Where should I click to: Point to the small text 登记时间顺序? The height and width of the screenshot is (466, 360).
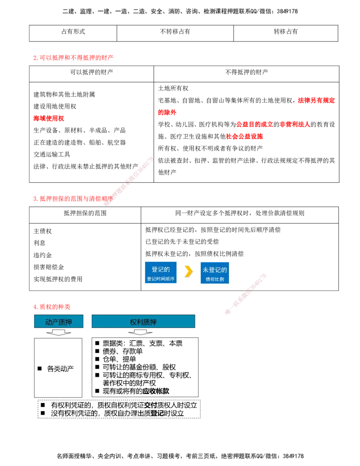[x=161, y=279]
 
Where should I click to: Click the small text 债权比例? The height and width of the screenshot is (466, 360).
[x=215, y=279]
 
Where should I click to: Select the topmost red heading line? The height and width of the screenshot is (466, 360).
[x=73, y=58]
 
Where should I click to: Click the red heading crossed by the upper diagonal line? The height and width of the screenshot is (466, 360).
[x=72, y=198]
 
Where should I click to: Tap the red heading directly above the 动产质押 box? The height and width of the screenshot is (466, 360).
[x=52, y=306]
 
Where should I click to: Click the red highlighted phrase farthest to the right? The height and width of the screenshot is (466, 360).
[x=316, y=100]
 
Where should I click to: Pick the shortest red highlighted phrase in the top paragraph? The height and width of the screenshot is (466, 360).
[x=166, y=113]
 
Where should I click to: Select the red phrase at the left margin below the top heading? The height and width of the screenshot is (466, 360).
[x=49, y=118]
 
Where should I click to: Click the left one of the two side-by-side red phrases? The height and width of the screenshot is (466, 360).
[x=255, y=124]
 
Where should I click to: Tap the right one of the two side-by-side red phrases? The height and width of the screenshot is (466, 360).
[x=295, y=124]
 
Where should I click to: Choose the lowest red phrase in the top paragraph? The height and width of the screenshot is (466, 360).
[x=245, y=136]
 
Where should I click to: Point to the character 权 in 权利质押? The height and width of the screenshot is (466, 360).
[x=134, y=322]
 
